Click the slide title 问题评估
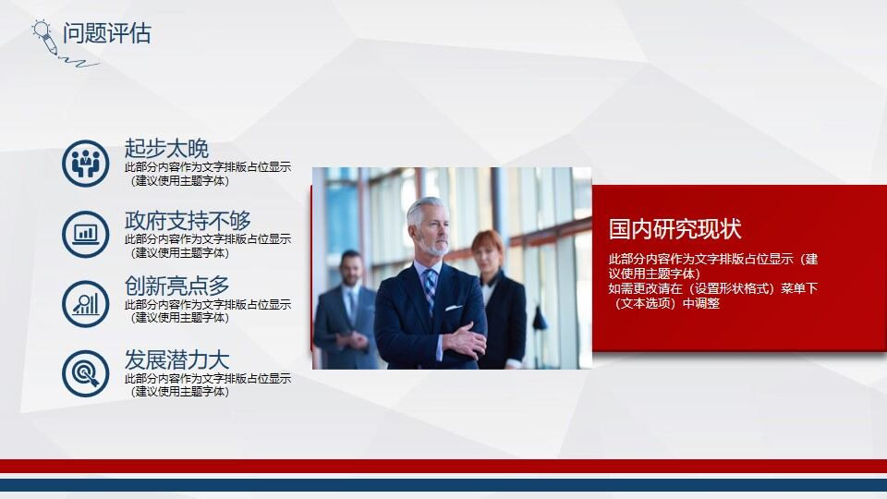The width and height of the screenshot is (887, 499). [106, 34]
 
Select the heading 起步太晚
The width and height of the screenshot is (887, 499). [166, 148]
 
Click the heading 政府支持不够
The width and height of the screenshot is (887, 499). [188, 221]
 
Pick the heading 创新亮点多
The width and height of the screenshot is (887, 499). [176, 286]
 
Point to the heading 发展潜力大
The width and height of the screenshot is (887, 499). [176, 360]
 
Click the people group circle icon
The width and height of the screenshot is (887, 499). [86, 163]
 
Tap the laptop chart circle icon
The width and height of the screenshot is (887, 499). [86, 234]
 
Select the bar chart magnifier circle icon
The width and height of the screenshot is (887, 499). [86, 302]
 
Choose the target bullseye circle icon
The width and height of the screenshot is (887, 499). [86, 373]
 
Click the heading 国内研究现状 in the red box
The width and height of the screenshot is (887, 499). [674, 229]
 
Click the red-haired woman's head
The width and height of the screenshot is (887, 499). [488, 249]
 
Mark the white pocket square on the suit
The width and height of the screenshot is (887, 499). [453, 307]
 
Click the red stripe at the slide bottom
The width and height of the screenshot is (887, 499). [443, 467]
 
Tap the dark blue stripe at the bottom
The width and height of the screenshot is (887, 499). [443, 485]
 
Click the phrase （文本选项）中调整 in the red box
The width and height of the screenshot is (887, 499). [665, 303]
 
